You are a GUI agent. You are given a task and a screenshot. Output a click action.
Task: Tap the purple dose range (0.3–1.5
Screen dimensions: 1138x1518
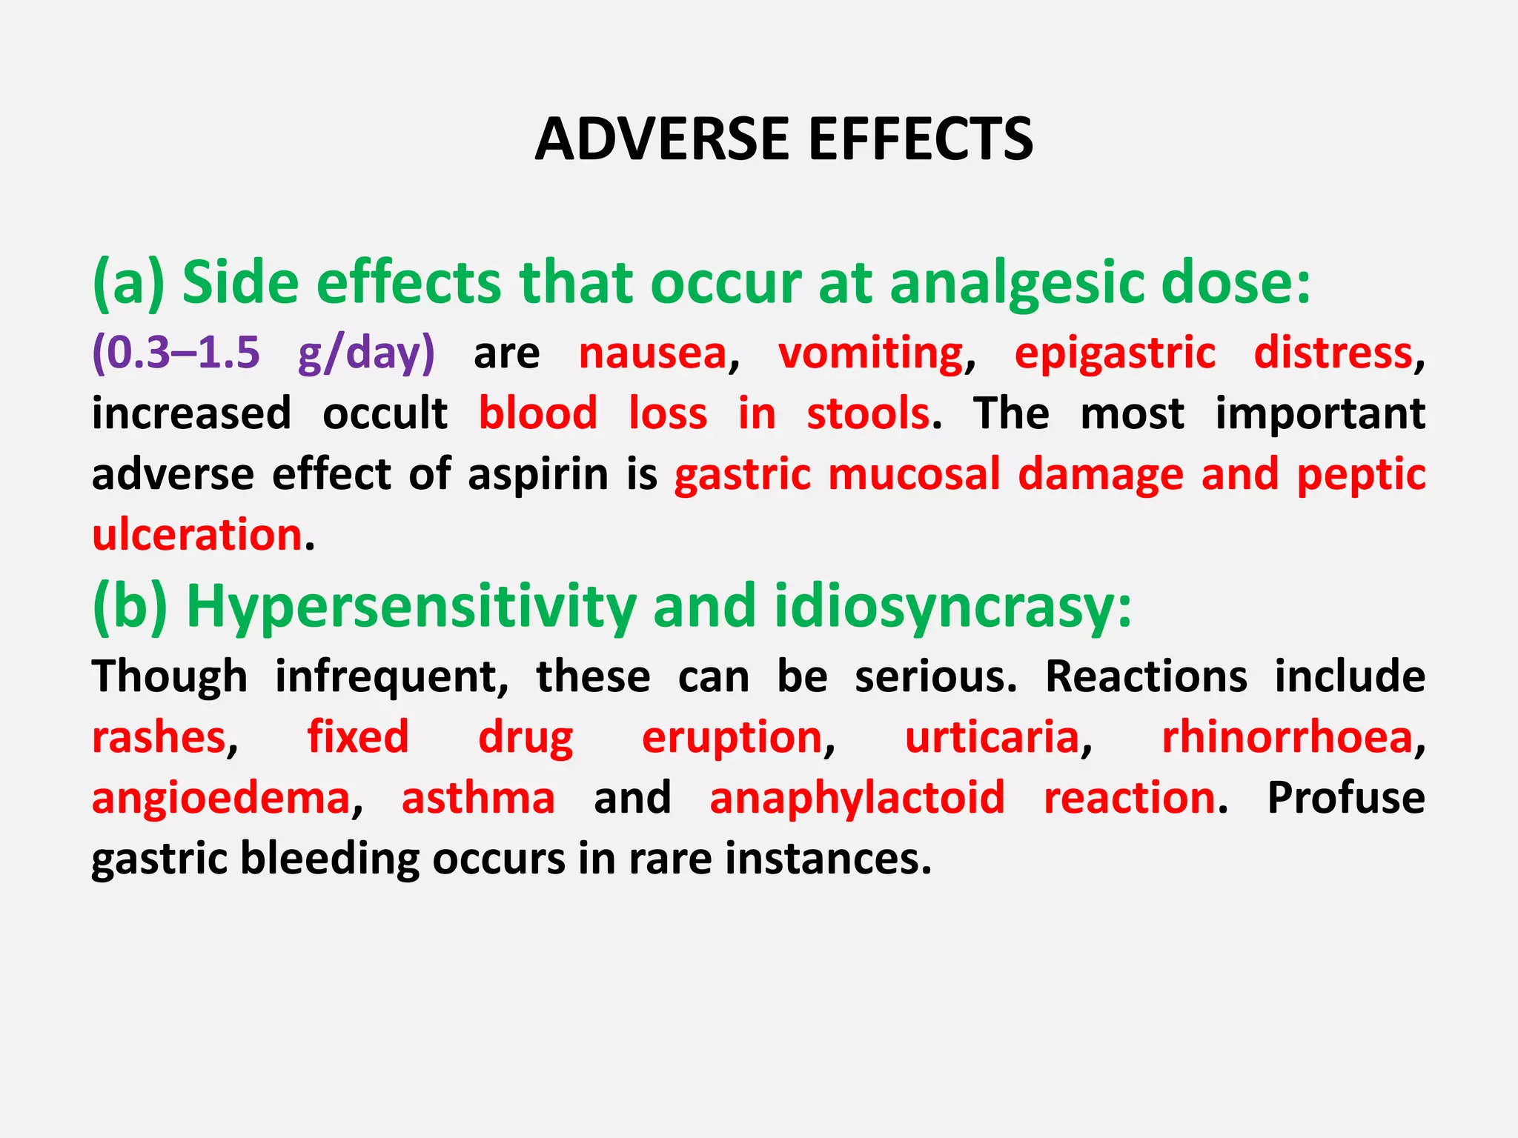pos(176,352)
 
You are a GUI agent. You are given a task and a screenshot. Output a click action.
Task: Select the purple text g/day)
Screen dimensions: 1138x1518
pos(366,353)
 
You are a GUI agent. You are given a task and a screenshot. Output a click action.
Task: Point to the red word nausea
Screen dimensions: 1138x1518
pos(652,353)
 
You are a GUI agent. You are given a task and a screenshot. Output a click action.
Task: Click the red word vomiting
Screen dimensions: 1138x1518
pos(870,353)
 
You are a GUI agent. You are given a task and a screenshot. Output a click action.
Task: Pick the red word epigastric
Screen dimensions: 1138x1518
pos(1115,353)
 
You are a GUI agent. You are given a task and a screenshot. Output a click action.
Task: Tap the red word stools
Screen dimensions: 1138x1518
pos(868,413)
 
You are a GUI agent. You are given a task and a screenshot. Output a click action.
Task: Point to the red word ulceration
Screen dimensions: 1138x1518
pos(197,534)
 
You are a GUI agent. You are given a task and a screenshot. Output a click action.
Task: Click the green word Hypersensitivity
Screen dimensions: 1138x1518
pos(411,608)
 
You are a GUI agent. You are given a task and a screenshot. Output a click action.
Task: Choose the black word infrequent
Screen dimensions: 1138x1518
pos(391,677)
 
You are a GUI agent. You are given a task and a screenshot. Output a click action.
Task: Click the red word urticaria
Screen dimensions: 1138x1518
pos(992,738)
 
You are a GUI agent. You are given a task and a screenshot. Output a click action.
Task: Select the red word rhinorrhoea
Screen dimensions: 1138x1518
pos(1287,738)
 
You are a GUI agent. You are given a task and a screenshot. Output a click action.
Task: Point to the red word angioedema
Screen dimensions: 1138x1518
pos(221,799)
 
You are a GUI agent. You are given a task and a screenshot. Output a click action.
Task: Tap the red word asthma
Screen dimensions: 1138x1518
pos(478,798)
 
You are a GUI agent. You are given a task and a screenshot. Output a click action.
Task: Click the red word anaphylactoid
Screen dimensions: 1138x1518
pos(857,799)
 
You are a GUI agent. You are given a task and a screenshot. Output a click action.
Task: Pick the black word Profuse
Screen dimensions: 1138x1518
pos(1345,798)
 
